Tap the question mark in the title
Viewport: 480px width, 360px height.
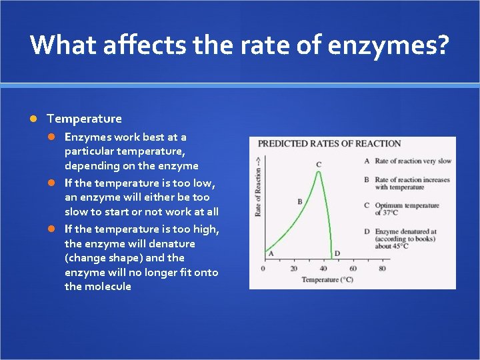tap(443, 45)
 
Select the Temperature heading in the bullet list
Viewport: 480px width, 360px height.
tap(84, 119)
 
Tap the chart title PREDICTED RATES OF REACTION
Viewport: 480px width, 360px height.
tap(329, 143)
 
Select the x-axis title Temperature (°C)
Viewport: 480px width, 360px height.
tap(327, 280)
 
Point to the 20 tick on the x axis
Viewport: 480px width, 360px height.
tap(294, 269)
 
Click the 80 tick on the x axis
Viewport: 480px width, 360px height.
tap(382, 269)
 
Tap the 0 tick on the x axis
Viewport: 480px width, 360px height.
tap(263, 269)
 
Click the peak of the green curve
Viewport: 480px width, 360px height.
tap(318, 172)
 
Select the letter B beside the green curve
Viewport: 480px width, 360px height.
tap(300, 201)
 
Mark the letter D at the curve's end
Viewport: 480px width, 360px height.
tap(337, 253)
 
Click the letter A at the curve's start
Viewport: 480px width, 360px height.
tap(271, 253)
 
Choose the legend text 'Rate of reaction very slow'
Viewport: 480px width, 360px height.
tap(413, 161)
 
